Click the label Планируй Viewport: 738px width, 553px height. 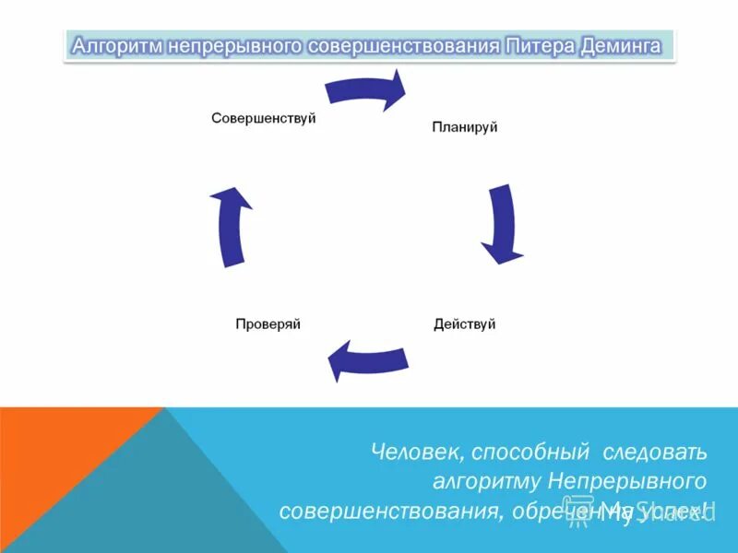pos(465,127)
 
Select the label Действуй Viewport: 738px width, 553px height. pos(465,324)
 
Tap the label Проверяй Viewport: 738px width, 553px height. pos(268,324)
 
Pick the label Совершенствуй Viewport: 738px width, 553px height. pos(264,118)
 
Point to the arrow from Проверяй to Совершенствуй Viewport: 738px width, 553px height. pos(232,227)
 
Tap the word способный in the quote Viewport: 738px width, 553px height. pos(530,453)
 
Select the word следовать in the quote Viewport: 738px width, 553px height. pos(655,453)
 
